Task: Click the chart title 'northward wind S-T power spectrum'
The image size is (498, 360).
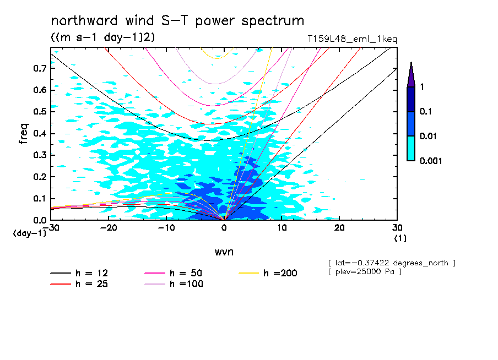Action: (177, 21)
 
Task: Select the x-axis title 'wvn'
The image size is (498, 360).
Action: (224, 252)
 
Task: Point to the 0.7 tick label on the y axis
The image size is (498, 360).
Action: (39, 68)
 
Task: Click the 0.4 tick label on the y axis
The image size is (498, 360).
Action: (39, 134)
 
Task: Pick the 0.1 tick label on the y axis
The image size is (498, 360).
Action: (39, 199)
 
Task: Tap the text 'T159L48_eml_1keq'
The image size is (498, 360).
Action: (352, 39)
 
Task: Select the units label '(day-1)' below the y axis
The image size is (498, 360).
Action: (30, 233)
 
